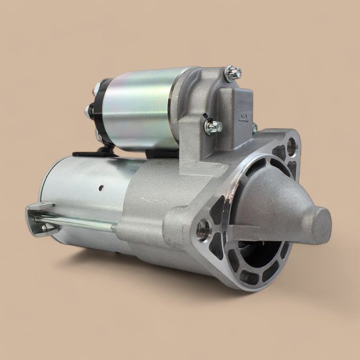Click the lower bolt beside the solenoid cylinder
click(x=212, y=125)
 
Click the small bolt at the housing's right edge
click(x=255, y=128)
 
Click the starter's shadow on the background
click(x=154, y=278)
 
